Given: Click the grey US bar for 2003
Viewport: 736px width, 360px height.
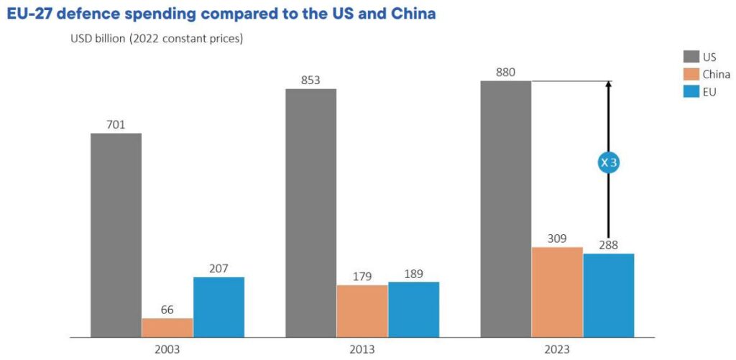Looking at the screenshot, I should [116, 235].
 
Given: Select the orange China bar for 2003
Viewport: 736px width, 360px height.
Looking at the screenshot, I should [167, 328].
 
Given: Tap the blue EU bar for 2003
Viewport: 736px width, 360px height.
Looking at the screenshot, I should [218, 307].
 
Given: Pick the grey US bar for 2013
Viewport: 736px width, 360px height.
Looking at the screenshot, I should [310, 213].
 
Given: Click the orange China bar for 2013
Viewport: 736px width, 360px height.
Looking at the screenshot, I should [362, 311].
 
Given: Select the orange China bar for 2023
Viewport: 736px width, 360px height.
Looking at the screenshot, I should [557, 292].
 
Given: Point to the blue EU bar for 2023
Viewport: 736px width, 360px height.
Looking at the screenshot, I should [608, 295].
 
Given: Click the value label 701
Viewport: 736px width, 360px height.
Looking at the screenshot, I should [116, 125].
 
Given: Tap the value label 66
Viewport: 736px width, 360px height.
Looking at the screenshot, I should [167, 310].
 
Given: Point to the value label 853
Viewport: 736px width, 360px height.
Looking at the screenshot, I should [310, 80].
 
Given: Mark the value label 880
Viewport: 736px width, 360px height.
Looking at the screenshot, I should [505, 73].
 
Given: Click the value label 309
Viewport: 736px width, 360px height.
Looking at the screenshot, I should [557, 239].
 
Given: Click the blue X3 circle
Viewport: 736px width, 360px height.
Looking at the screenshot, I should [609, 163].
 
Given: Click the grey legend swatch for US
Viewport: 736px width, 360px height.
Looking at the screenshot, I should [690, 57].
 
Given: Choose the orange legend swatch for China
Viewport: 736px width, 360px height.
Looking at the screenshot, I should [690, 74].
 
